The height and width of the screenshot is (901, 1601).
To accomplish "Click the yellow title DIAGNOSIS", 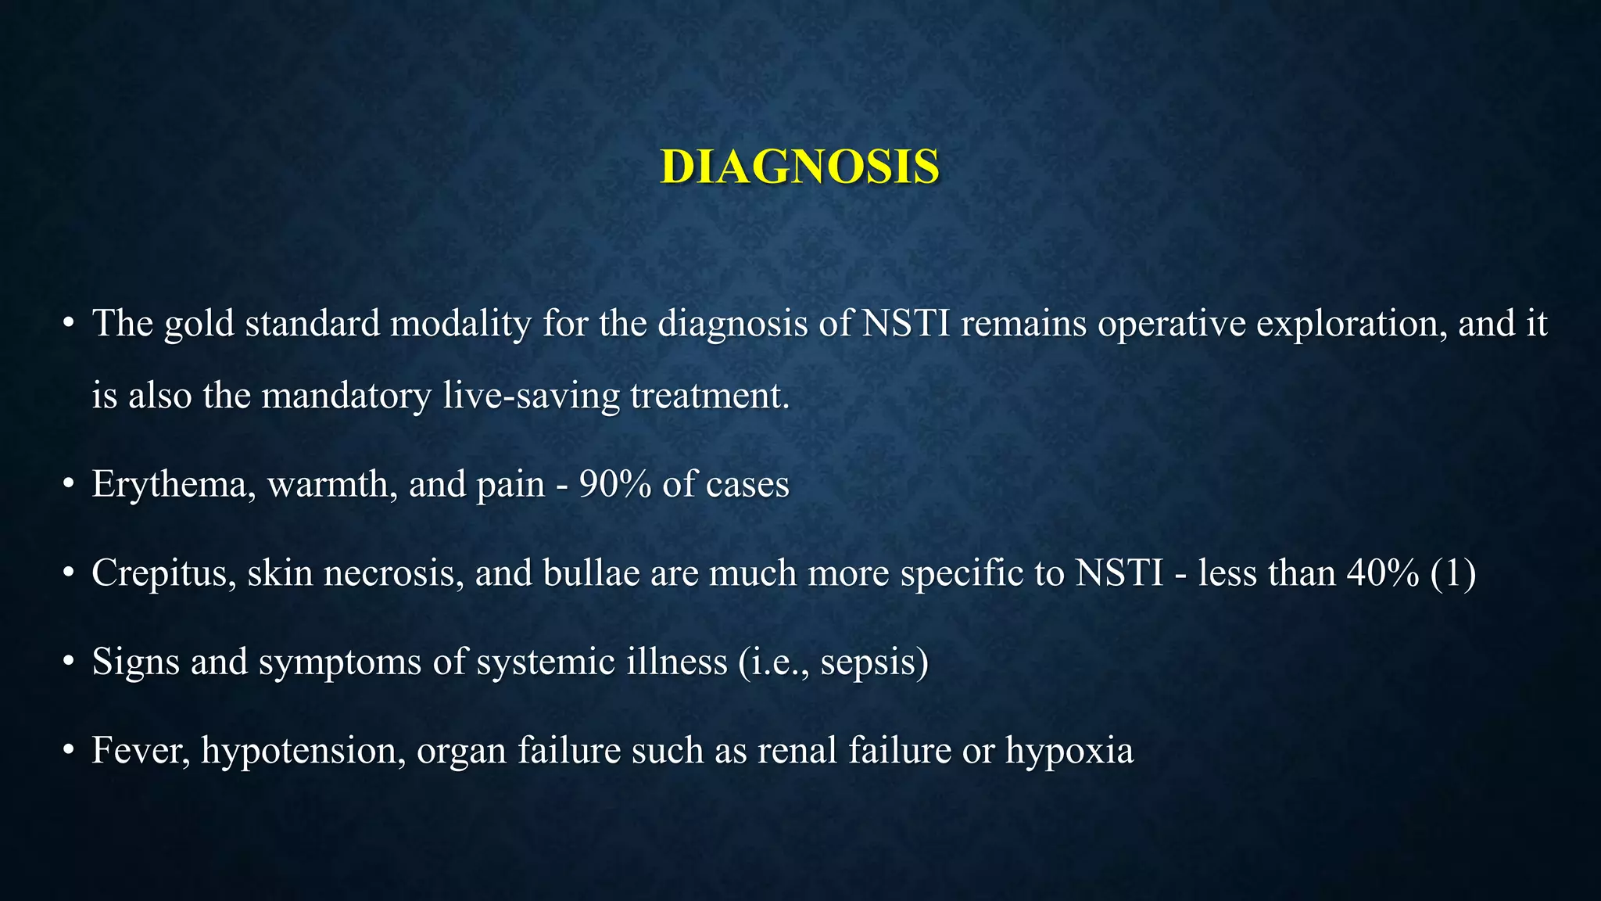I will pyautogui.click(x=800, y=167).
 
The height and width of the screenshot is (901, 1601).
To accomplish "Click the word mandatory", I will pyautogui.click(x=346, y=395).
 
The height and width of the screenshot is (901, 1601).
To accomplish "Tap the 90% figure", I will pyautogui.click(x=615, y=484).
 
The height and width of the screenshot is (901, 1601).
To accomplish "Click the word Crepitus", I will pyautogui.click(x=164, y=573).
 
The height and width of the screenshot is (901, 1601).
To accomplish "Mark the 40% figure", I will pyautogui.click(x=1383, y=573).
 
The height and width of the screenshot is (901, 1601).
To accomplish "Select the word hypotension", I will pyautogui.click(x=303, y=751).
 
